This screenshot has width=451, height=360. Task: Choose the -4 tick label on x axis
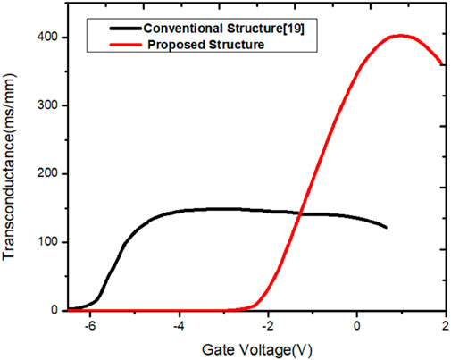(179, 327)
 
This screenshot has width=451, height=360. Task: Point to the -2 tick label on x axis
(267, 327)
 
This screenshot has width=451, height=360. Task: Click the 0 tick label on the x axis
(357, 327)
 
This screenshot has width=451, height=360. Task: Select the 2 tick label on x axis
(444, 327)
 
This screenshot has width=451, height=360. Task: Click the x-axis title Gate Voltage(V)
(257, 347)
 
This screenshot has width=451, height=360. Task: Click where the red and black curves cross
(300, 213)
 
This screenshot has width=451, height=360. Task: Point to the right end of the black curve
(386, 228)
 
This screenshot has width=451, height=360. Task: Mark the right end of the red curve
(442, 63)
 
